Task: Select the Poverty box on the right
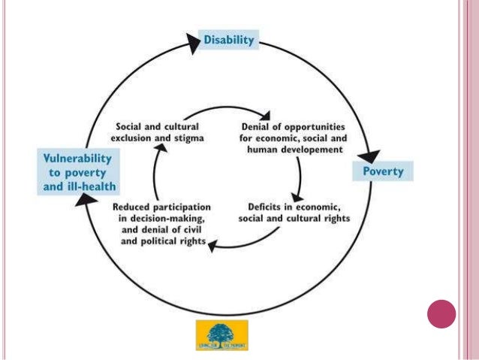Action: (x=383, y=171)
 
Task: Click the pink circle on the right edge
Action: (x=441, y=313)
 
